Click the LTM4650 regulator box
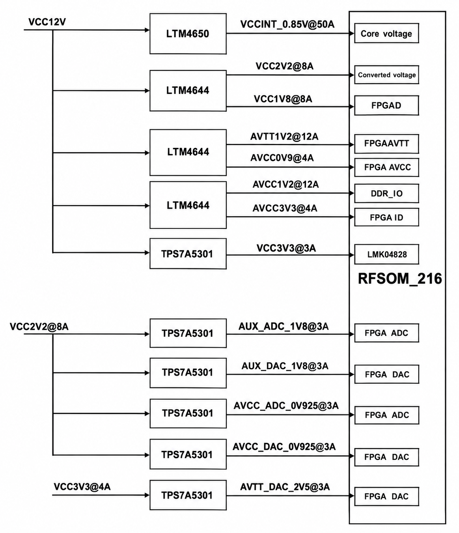pyautogui.click(x=188, y=34)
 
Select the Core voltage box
pyautogui.click(x=386, y=33)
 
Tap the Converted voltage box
pyautogui.click(x=386, y=75)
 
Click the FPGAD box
pyautogui.click(x=386, y=105)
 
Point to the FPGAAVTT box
pyautogui.click(x=386, y=144)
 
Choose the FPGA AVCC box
pyautogui.click(x=386, y=167)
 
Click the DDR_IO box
pyautogui.click(x=386, y=193)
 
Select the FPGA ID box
pyautogui.click(x=386, y=217)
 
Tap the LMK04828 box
pyautogui.click(x=386, y=254)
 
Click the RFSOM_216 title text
pyautogui.click(x=400, y=279)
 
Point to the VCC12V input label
pyautogui.click(x=47, y=22)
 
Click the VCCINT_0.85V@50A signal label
pyautogui.click(x=287, y=24)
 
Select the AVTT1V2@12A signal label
pyautogui.click(x=284, y=137)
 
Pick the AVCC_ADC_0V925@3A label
pyautogui.click(x=286, y=406)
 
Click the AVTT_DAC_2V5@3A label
pyautogui.click(x=285, y=487)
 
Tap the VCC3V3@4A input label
pyautogui.click(x=82, y=486)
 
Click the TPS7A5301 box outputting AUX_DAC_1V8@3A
pyautogui.click(x=188, y=373)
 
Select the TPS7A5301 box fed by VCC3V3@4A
pyautogui.click(x=188, y=495)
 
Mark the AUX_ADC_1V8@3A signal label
pyautogui.click(x=284, y=326)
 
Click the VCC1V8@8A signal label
pyautogui.click(x=283, y=99)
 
